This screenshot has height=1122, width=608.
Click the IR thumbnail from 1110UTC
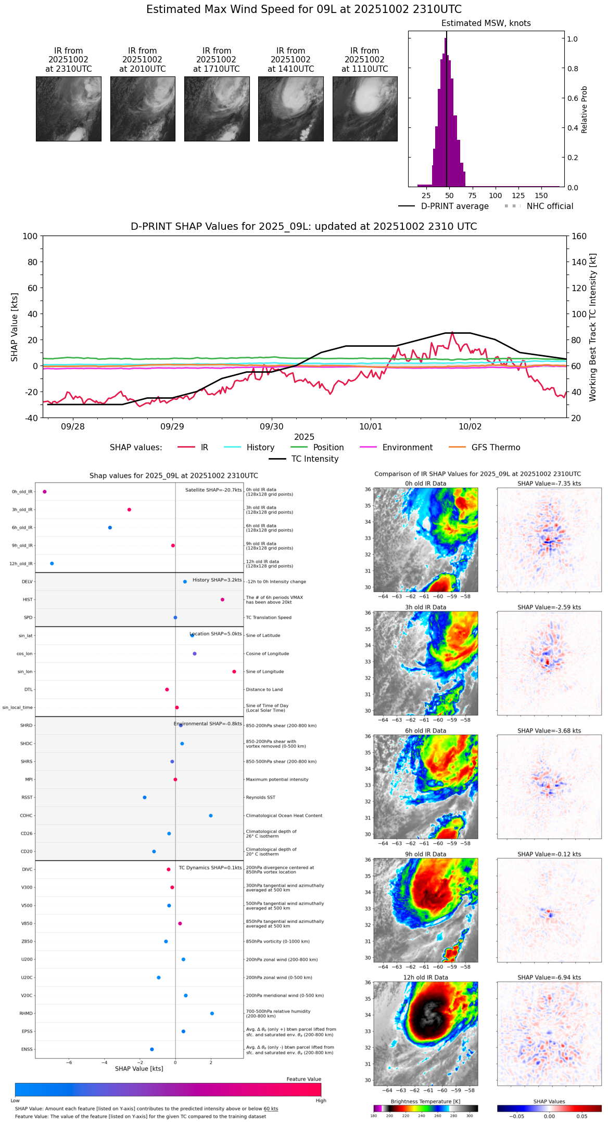coord(365,109)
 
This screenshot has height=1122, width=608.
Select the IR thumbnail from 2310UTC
coord(68,109)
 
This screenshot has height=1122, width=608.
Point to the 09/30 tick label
coord(271,426)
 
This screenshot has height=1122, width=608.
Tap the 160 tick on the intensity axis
coord(579,237)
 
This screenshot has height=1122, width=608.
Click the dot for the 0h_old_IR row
coord(45,492)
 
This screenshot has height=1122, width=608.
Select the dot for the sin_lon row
coord(234,672)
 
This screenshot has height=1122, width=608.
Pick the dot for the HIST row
coord(223,599)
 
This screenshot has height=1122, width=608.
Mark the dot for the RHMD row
coord(212,1013)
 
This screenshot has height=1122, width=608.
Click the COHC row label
coord(26,816)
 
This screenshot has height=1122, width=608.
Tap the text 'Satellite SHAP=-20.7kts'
coord(213,490)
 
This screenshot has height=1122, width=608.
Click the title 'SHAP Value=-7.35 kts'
coord(549,484)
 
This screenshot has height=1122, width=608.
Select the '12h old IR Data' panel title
coord(425,977)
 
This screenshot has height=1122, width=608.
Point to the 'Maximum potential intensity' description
coord(277,779)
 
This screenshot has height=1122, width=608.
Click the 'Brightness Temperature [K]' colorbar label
coord(425,1101)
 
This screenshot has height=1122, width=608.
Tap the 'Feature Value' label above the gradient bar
coord(303,1079)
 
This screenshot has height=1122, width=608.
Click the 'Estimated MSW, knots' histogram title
coord(486,23)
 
